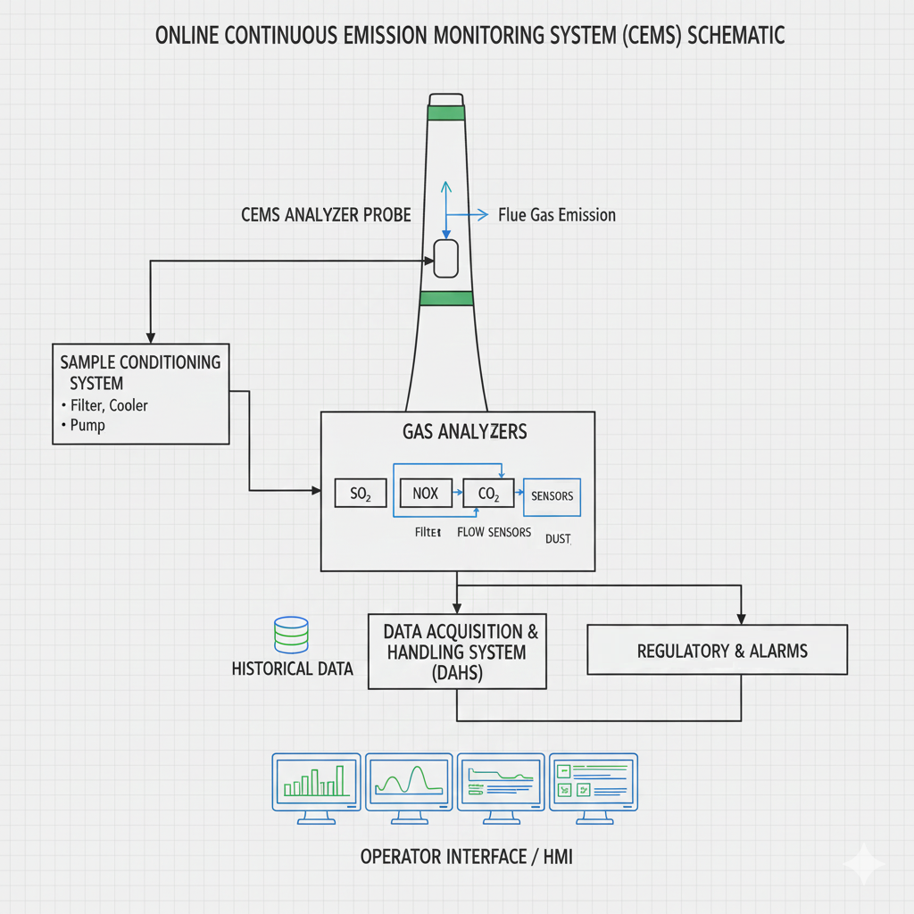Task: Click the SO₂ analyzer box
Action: pos(361,494)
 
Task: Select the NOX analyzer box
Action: pos(426,493)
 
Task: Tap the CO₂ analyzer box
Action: pos(488,493)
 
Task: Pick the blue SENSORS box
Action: pos(552,496)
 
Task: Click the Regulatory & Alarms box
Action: pos(717,650)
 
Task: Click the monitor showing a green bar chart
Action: pos(316,780)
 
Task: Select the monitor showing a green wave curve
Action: pos(408,780)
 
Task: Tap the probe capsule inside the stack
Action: pos(445,259)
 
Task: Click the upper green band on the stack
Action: pos(446,112)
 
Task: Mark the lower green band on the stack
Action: pos(445,299)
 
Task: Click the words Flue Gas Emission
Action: pos(557,215)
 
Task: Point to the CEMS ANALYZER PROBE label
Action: pos(326,215)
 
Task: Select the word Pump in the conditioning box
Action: pos(87,425)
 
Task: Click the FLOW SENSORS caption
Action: pos(494,532)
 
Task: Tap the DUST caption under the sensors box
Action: pos(557,539)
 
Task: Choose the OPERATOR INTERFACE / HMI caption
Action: pos(466,857)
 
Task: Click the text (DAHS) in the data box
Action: pos(456,673)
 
